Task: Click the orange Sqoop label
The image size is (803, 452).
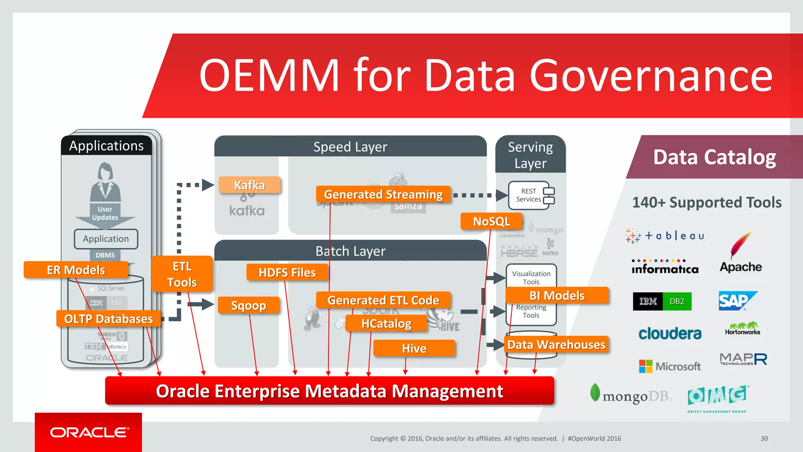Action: pyautogui.click(x=249, y=305)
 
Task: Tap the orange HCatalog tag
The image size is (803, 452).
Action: pyautogui.click(x=386, y=323)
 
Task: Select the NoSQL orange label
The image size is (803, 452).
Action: pyautogui.click(x=491, y=221)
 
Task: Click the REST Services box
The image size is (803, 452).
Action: pyautogui.click(x=531, y=195)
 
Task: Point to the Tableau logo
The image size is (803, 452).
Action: pyautogui.click(x=665, y=236)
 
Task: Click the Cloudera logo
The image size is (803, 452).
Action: pyautogui.click(x=670, y=334)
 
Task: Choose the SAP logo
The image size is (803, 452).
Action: pyautogui.click(x=737, y=301)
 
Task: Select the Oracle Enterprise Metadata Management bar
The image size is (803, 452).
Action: pyautogui.click(x=329, y=391)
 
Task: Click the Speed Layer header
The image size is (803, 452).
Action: pyautogui.click(x=350, y=147)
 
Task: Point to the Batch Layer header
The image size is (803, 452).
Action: pyautogui.click(x=350, y=251)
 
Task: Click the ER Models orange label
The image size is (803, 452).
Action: pyautogui.click(x=76, y=270)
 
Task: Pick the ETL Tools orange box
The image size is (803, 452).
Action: pyautogui.click(x=182, y=274)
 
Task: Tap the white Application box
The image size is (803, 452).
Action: pyautogui.click(x=106, y=239)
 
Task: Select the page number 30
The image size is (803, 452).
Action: pyautogui.click(x=764, y=438)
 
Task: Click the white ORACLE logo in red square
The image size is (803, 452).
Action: pyautogui.click(x=89, y=432)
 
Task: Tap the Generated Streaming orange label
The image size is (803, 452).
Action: pyautogui.click(x=383, y=194)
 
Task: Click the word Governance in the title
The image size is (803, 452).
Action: pyautogui.click(x=651, y=75)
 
